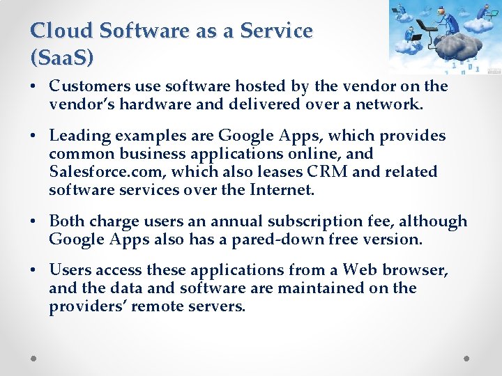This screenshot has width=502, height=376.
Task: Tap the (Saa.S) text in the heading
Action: [x=62, y=58]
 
